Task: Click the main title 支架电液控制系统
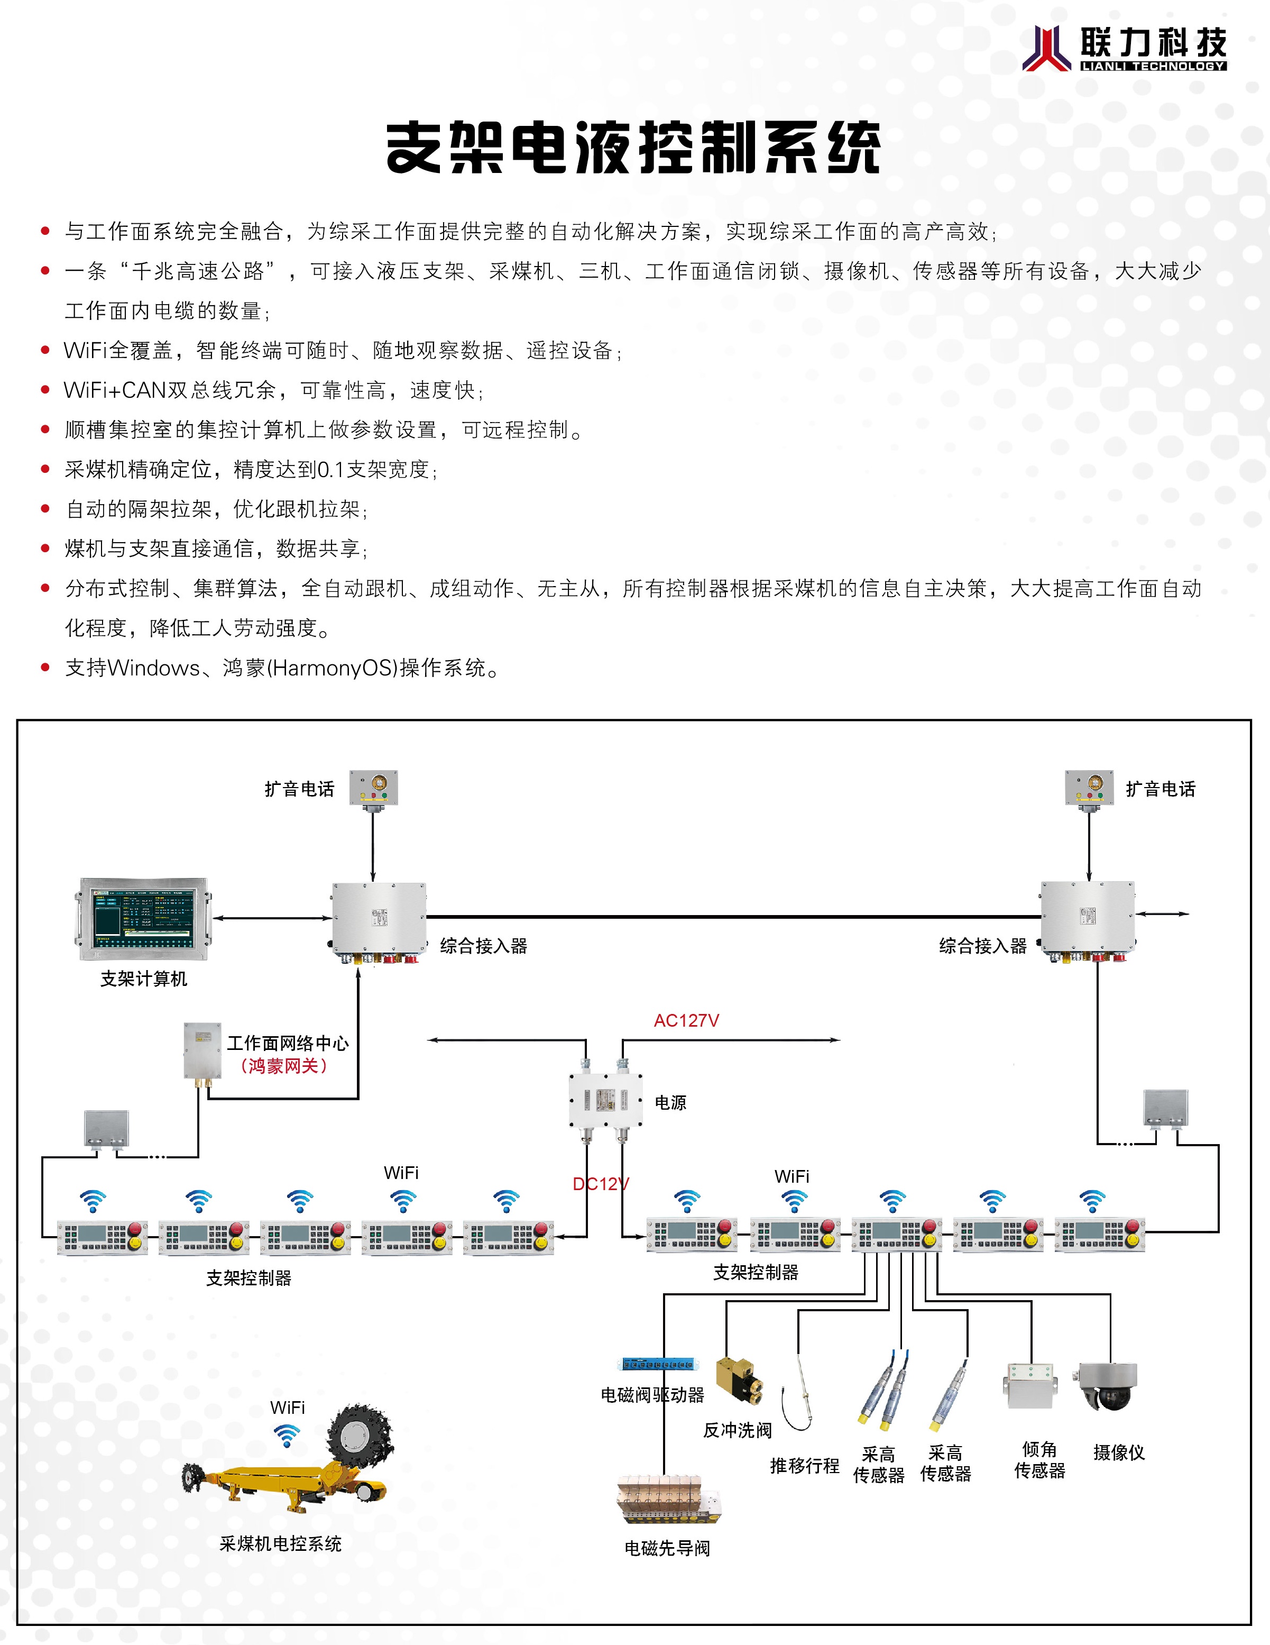[x=633, y=147]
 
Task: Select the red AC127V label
[x=686, y=1021]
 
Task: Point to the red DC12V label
[x=600, y=1184]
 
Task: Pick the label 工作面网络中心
[x=288, y=1043]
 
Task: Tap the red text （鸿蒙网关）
[x=284, y=1066]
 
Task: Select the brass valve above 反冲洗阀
[x=739, y=1381]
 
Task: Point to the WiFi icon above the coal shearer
[x=287, y=1436]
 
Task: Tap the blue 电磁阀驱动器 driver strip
[x=657, y=1364]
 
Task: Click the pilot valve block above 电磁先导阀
[x=667, y=1499]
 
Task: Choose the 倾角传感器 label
[x=1039, y=1460]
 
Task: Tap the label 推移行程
[x=804, y=1465]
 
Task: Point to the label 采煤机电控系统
[x=280, y=1543]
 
